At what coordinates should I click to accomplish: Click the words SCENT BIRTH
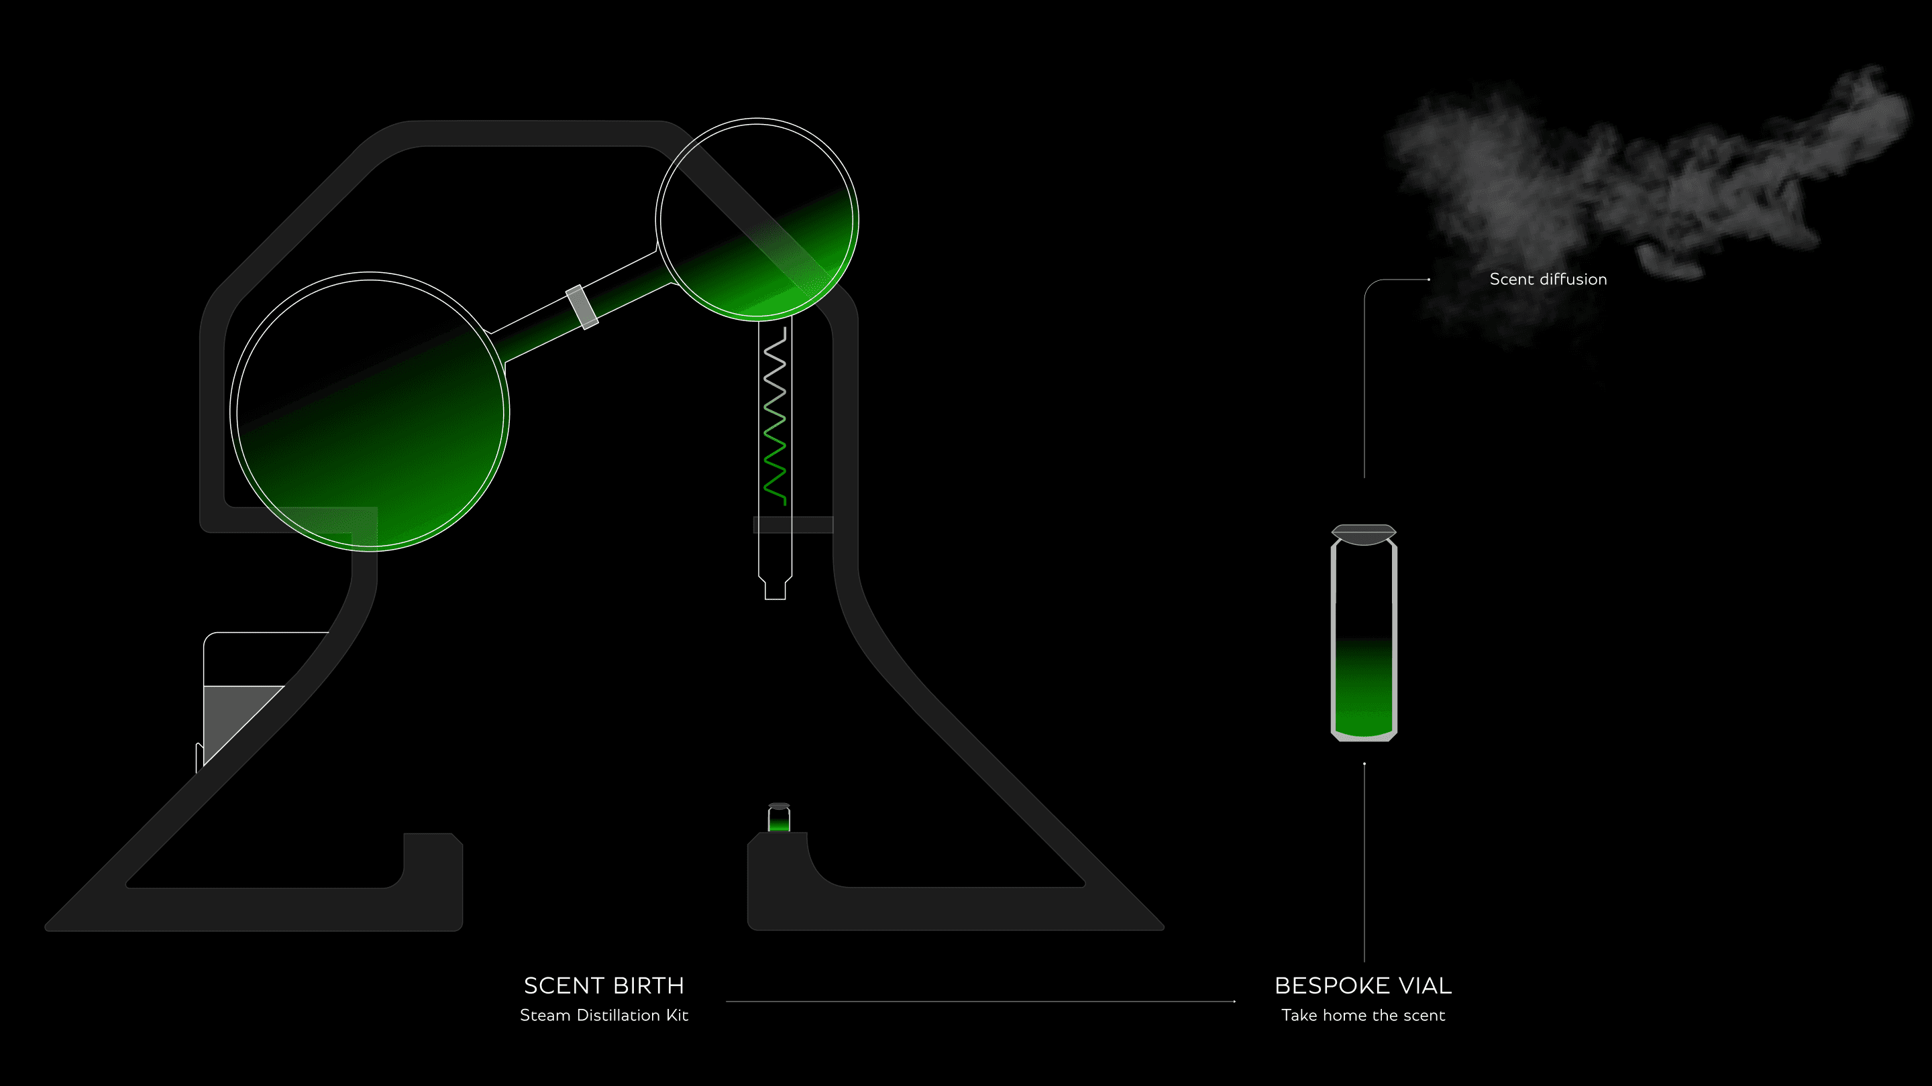coord(604,985)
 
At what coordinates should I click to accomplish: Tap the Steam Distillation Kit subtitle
coord(604,1016)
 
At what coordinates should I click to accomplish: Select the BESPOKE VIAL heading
coord(1362,985)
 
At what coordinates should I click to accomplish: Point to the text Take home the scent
coord(1362,1016)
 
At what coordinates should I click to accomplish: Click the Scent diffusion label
coord(1548,280)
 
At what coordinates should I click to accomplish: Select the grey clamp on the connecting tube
coord(582,306)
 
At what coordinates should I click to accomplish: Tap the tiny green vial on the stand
coord(780,819)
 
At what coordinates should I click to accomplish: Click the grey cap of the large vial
coord(1364,534)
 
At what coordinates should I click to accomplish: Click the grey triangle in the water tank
coord(233,716)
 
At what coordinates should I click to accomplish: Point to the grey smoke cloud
coord(1613,188)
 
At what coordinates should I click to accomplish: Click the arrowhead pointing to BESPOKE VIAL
coord(1233,1002)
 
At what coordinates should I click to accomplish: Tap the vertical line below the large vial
coord(1364,862)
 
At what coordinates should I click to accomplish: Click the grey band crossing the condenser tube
coord(793,525)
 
